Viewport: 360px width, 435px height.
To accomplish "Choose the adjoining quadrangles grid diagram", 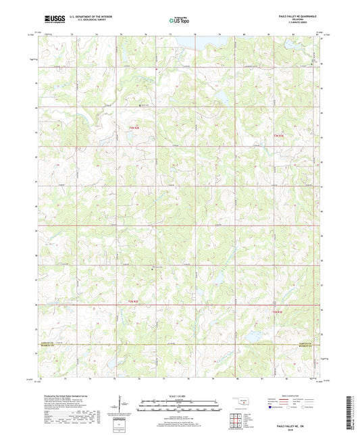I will [x=236, y=417].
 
